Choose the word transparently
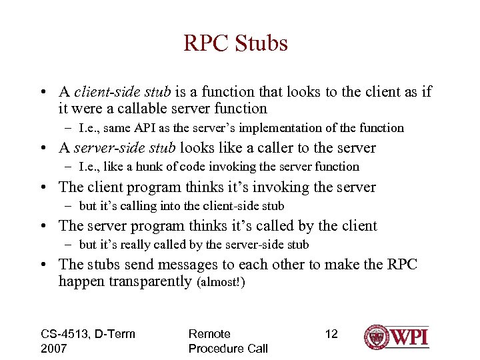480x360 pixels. coord(148,281)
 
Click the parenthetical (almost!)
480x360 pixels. coord(222,283)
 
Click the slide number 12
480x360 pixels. coord(331,334)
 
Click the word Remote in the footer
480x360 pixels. coord(209,334)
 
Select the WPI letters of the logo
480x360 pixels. coord(408,337)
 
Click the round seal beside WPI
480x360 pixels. coord(376,337)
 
